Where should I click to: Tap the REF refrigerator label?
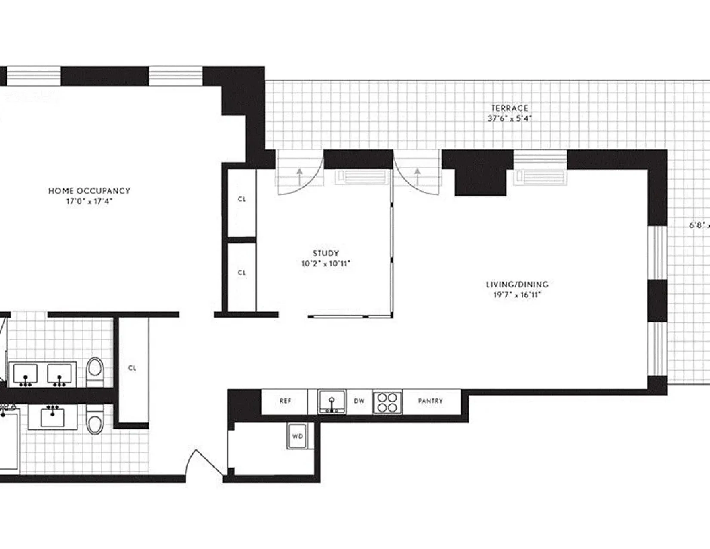click(x=285, y=401)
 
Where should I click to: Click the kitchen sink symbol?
click(x=332, y=402)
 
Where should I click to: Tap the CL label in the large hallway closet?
click(x=132, y=368)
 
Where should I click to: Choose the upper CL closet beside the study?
click(x=242, y=199)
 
